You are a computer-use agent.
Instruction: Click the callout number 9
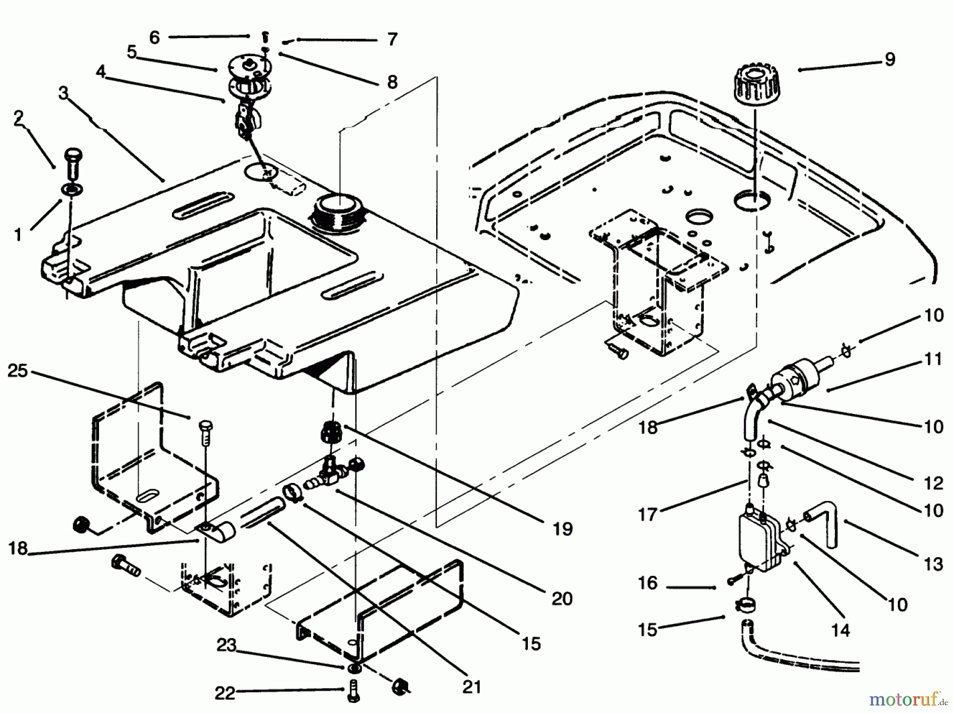(x=890, y=59)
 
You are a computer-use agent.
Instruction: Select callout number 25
(x=17, y=371)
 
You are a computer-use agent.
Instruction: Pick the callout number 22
(x=225, y=693)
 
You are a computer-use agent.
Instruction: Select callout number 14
(x=841, y=630)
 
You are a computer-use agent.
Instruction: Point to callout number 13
(x=934, y=564)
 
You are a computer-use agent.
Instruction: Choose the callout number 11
(x=934, y=359)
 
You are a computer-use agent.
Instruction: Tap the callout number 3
(x=64, y=93)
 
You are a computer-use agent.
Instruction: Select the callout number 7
(x=392, y=39)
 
